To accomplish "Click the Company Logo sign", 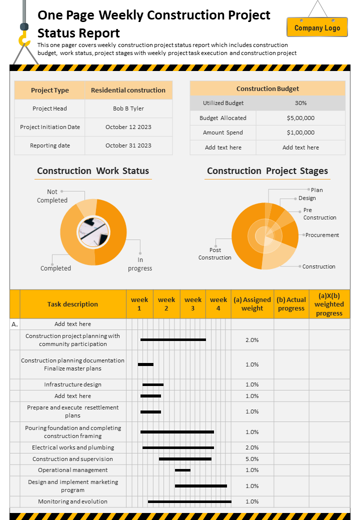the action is (317, 27).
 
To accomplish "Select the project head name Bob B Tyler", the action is (128, 108).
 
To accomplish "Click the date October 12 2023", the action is (128, 127).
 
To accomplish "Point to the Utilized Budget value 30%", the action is (300, 103).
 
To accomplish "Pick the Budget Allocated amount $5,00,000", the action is (300, 118).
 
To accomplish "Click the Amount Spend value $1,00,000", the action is (300, 132).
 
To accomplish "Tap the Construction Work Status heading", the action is (93, 171).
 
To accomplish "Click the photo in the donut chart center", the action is (93, 232).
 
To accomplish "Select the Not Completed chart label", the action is (52, 196).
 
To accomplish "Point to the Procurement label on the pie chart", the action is (322, 235).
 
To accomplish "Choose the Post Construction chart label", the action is (215, 253).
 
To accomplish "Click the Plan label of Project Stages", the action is (317, 190).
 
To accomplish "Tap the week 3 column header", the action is (193, 304).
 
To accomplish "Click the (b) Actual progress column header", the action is (291, 304).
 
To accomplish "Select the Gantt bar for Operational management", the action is (182, 470).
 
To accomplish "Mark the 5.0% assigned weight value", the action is (252, 459).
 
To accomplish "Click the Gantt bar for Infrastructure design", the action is (153, 384).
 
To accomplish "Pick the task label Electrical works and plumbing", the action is (73, 447).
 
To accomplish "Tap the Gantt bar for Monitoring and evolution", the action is (189, 501).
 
